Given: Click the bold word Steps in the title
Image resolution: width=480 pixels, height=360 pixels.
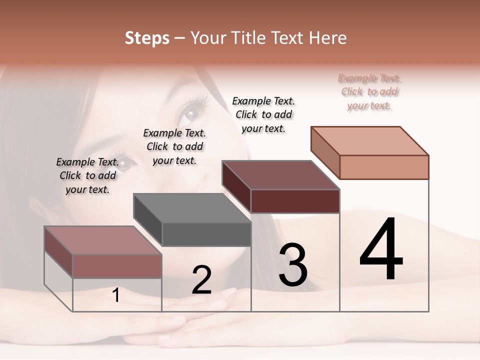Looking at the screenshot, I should [x=147, y=38].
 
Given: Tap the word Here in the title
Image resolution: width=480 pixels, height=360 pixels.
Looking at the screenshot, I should [x=327, y=38].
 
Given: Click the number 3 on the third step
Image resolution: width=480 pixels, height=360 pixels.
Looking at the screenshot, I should [x=293, y=265].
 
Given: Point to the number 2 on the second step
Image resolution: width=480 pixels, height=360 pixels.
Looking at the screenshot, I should [x=201, y=279].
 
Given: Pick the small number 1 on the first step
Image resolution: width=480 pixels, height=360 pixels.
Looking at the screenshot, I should [x=116, y=295].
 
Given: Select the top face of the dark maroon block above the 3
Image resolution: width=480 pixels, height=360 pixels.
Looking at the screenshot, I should [x=280, y=175].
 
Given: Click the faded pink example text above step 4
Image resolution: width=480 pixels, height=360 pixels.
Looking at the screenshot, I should [x=369, y=92].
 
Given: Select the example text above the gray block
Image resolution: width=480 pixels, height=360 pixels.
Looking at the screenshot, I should [x=174, y=147].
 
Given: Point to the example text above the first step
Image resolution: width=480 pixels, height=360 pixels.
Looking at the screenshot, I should [x=87, y=176].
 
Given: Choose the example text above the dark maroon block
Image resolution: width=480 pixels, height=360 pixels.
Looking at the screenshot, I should [x=263, y=115].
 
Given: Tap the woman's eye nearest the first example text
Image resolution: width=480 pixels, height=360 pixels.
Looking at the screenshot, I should [x=125, y=162].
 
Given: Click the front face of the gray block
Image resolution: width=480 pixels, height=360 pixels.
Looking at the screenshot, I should [x=206, y=234].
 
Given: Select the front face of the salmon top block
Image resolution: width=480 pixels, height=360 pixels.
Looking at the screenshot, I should [x=384, y=167].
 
